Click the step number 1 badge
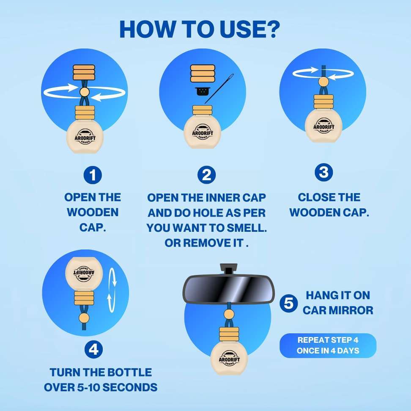click(x=93, y=175)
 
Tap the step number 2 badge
click(x=206, y=175)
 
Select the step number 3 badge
click(x=324, y=172)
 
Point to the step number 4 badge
click(x=93, y=349)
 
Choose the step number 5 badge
click(x=289, y=303)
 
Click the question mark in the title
click(x=271, y=29)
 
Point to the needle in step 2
click(x=219, y=89)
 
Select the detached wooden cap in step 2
click(x=203, y=74)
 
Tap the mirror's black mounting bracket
click(x=229, y=269)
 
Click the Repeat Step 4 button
click(x=328, y=345)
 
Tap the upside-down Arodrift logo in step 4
click(x=84, y=273)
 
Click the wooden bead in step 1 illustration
click(x=85, y=92)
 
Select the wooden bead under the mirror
click(x=229, y=314)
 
